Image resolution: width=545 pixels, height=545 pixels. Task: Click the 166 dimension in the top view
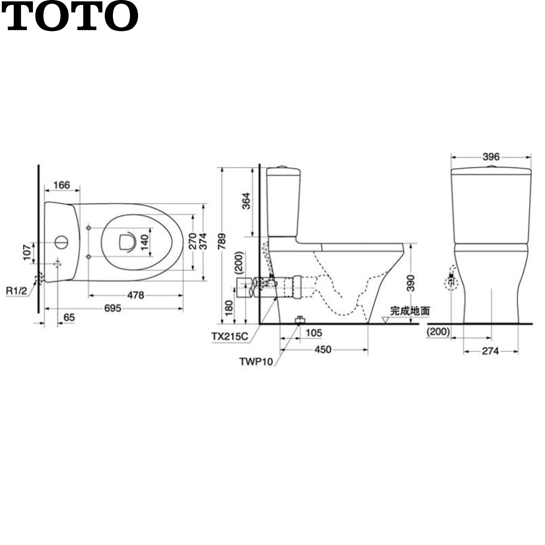[61, 185]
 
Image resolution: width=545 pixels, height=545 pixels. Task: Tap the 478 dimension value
[136, 295]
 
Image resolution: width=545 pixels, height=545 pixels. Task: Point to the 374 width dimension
[202, 241]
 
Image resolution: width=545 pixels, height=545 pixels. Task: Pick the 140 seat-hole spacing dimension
[145, 242]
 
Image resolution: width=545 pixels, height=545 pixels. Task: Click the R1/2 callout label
[17, 291]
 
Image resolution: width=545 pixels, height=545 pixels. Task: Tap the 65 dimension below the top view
[69, 317]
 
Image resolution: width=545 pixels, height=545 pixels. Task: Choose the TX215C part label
[230, 336]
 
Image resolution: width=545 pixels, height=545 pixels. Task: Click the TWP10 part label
[256, 361]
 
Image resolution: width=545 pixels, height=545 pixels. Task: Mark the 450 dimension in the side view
[323, 350]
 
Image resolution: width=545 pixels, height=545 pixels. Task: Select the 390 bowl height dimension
[410, 283]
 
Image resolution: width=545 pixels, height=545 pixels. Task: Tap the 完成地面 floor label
[410, 311]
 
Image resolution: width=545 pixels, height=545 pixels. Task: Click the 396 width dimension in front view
[491, 157]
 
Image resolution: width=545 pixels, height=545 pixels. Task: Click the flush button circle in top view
[61, 242]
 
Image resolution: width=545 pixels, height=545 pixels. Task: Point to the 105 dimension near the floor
[314, 333]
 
